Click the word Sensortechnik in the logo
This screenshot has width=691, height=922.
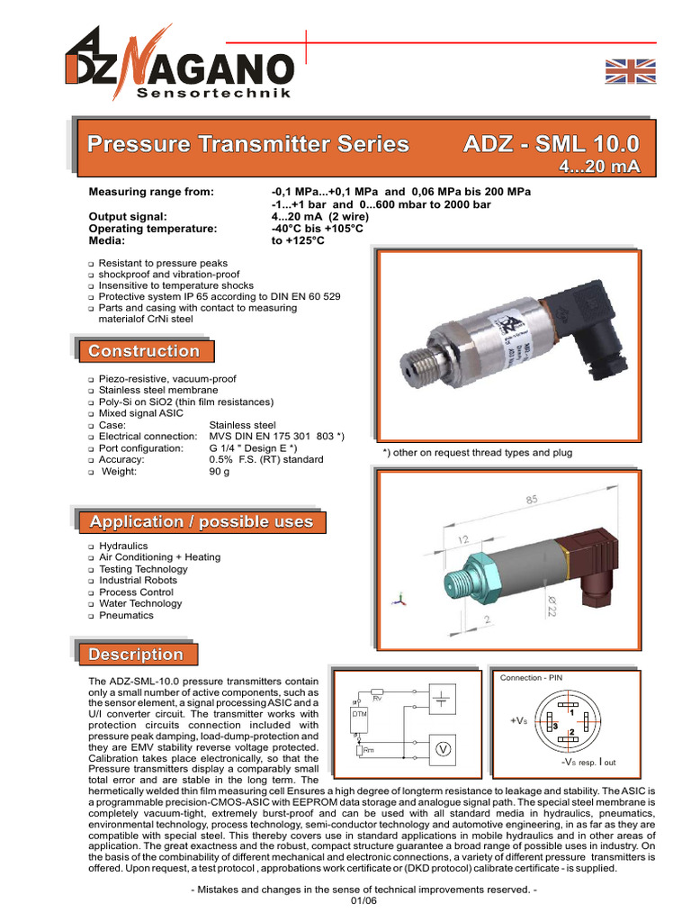tap(213, 94)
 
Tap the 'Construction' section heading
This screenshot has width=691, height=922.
tap(144, 351)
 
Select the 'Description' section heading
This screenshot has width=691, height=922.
tap(136, 655)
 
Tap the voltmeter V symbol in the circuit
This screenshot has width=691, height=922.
tap(443, 748)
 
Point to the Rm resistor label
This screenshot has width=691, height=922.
tap(369, 750)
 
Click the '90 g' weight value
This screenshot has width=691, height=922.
tap(220, 471)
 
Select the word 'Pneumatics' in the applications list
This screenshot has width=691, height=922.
tap(126, 615)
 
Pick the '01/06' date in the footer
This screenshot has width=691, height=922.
tap(346, 903)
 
